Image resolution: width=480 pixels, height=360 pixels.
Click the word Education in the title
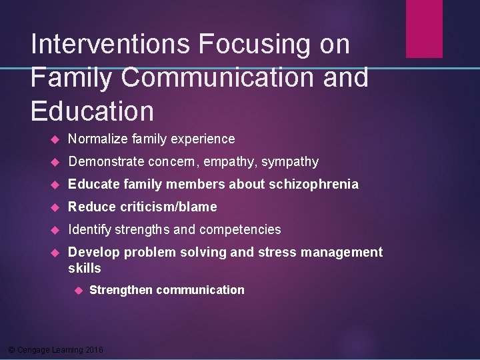92,111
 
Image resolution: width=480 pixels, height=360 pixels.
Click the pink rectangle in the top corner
424,28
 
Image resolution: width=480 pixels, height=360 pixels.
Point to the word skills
85,268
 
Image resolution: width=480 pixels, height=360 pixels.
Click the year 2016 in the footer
95,350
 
